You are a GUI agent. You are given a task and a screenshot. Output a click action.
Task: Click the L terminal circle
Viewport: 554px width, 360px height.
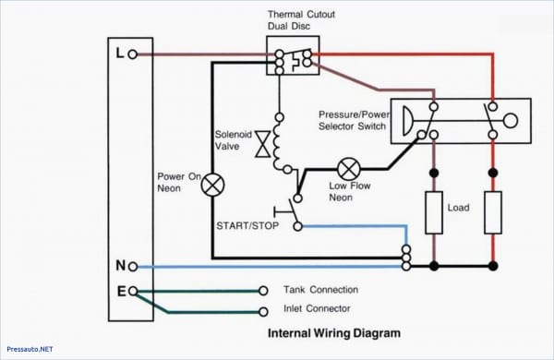[x=133, y=54]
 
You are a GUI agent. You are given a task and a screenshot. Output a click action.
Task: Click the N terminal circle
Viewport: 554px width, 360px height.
[x=133, y=266]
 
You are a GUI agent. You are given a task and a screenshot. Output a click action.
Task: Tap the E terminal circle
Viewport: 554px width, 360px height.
[x=133, y=291]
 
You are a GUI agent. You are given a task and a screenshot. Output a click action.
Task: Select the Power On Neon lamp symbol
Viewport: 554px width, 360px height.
[x=213, y=185]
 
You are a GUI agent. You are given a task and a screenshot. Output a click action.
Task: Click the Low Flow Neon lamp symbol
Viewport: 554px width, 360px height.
[x=348, y=169]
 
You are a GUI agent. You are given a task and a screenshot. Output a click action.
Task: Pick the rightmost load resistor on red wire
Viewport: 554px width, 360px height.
[x=492, y=212]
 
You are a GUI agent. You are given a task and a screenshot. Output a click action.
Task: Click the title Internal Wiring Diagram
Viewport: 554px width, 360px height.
[x=334, y=333]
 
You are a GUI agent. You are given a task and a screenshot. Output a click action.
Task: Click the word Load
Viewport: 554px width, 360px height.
[x=459, y=208]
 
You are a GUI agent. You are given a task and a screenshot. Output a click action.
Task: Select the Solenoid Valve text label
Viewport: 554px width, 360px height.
[x=234, y=139]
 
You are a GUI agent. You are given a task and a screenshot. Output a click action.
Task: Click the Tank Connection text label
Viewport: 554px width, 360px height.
[x=320, y=290]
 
